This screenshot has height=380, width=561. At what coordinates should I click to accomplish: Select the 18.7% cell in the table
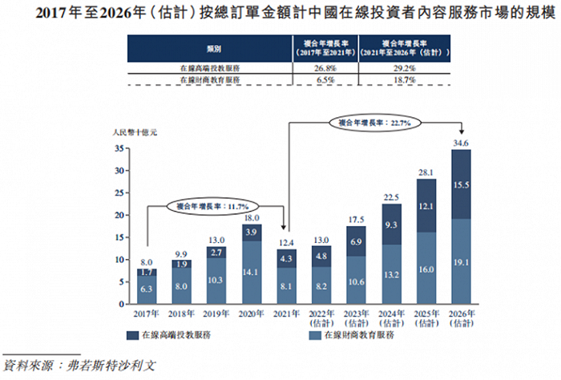tap(402, 81)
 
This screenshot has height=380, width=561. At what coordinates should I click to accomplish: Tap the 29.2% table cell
tap(402, 67)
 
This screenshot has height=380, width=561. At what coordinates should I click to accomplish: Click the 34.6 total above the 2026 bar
tap(461, 142)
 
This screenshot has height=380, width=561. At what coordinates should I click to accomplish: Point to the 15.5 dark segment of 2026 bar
tap(461, 184)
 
